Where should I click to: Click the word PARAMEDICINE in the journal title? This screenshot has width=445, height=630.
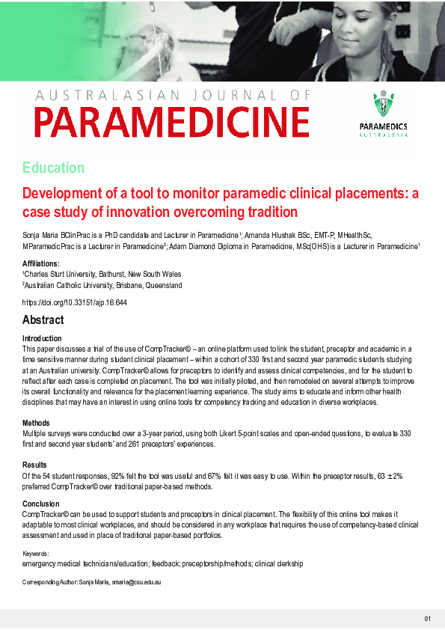(x=171, y=122)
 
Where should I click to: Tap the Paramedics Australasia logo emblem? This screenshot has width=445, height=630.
(x=383, y=105)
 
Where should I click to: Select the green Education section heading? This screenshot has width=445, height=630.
(x=53, y=168)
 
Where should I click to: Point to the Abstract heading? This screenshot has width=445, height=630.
(x=43, y=320)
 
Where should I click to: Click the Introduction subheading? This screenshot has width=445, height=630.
(x=43, y=339)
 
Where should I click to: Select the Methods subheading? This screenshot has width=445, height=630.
(x=36, y=423)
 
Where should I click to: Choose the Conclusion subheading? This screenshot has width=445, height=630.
(x=40, y=504)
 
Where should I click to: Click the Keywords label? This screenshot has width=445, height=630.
(x=40, y=553)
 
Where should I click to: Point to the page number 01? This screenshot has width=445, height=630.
(x=427, y=618)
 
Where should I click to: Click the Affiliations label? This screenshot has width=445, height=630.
(x=41, y=264)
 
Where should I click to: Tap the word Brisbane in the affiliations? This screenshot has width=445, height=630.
(x=115, y=285)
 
